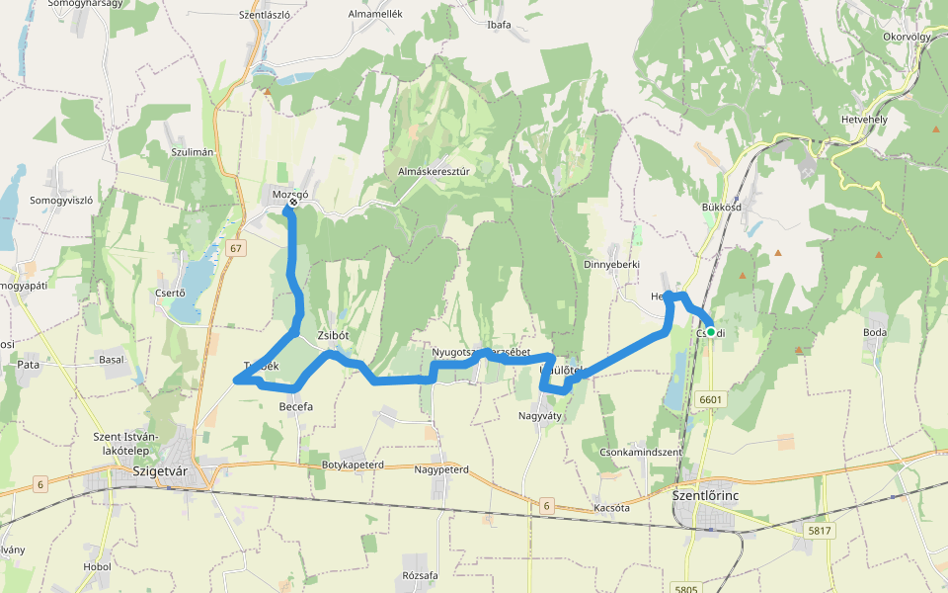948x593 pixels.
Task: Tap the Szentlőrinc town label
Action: point(705,495)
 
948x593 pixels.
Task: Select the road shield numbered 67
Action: point(234,248)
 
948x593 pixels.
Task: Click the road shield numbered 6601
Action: point(710,399)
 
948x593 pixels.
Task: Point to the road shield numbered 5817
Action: point(820,531)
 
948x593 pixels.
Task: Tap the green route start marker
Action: point(711,332)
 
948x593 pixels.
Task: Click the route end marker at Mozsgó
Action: point(286,209)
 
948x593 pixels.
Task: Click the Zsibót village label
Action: point(334,336)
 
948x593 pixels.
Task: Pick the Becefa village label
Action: point(296,406)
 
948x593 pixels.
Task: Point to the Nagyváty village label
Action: point(539,416)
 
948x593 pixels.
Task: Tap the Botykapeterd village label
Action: point(353,464)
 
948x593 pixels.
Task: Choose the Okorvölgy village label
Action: point(908,37)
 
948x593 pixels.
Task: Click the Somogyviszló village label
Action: point(61,200)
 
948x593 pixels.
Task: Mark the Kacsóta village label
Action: point(612,507)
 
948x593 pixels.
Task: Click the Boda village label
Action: point(875,332)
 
